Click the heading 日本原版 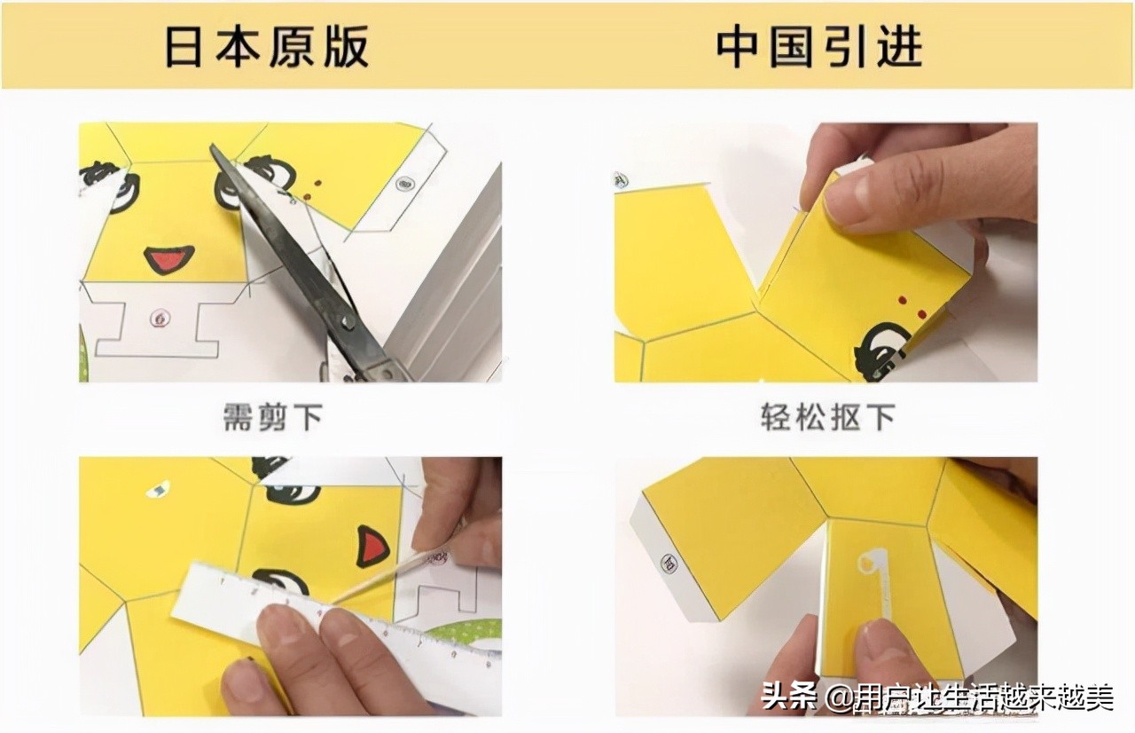pyautogui.click(x=266, y=46)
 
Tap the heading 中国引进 pyautogui.click(x=818, y=46)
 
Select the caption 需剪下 pyautogui.click(x=271, y=417)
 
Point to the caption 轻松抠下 pyautogui.click(x=827, y=417)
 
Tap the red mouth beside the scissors pyautogui.click(x=168, y=259)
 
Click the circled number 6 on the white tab pyautogui.click(x=160, y=316)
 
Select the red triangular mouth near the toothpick pyautogui.click(x=372, y=546)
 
